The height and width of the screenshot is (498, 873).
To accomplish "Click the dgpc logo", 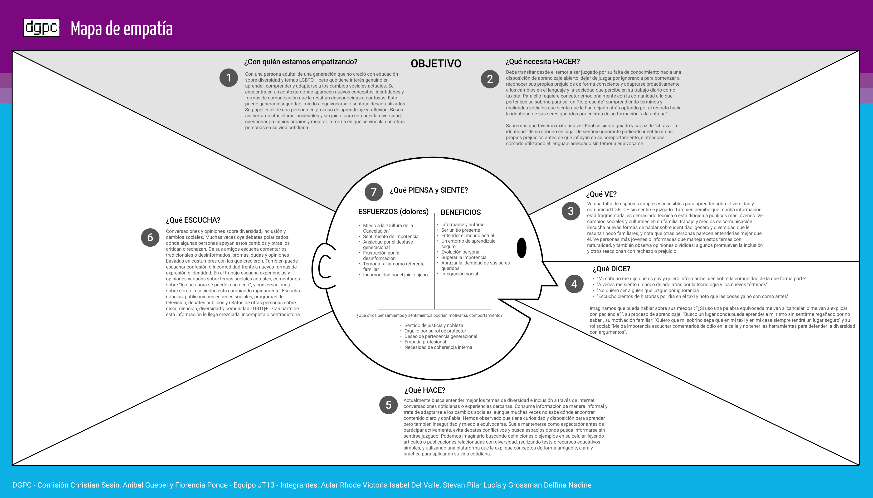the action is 42,28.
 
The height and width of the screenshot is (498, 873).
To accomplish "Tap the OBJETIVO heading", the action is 436,64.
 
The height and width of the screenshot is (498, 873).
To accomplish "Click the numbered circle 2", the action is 490,79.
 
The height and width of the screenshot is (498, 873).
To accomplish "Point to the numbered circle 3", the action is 571,211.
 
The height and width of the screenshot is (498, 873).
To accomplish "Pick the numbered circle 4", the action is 574,284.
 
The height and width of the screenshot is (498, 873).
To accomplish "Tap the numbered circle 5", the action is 388,405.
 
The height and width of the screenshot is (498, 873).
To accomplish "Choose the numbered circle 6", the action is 150,237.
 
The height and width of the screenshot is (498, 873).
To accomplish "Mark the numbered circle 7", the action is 374,192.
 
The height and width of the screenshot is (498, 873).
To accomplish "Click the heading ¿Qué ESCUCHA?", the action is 193,220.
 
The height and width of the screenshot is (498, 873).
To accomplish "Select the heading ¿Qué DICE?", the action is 611,269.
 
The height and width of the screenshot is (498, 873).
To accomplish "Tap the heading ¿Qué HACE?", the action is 425,390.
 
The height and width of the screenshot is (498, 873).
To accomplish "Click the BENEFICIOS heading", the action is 461,212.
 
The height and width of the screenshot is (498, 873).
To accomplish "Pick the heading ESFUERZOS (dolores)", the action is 393,212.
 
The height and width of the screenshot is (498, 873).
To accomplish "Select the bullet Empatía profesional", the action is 425,342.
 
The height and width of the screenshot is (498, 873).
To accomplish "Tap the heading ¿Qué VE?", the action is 601,194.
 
